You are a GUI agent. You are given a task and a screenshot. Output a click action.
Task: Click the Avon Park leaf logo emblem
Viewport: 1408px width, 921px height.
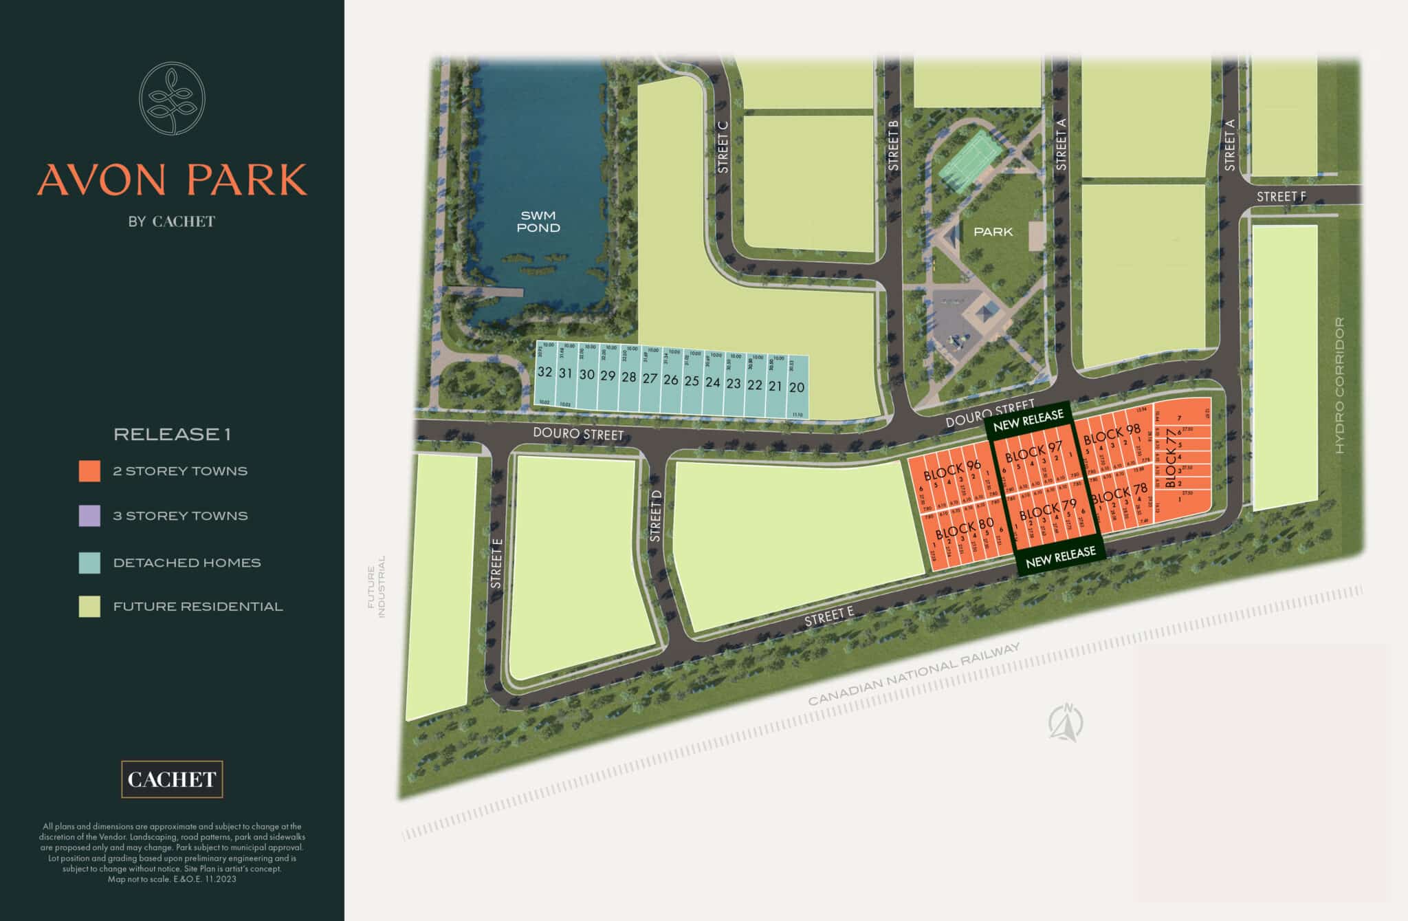point(172,98)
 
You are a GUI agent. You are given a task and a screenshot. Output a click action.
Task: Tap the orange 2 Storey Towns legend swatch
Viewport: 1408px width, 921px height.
point(89,471)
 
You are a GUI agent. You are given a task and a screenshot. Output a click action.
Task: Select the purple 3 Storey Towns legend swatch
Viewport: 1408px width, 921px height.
point(89,516)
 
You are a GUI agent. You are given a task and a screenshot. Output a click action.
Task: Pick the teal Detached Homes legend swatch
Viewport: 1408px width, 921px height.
point(89,563)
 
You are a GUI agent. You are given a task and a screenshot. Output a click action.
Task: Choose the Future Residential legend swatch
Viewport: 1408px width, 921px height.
point(89,607)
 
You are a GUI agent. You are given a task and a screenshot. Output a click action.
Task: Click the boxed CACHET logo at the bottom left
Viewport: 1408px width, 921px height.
point(172,779)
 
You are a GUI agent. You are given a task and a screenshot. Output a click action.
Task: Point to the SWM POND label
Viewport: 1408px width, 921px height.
point(538,221)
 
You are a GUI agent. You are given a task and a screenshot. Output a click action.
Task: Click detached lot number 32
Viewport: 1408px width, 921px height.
point(544,372)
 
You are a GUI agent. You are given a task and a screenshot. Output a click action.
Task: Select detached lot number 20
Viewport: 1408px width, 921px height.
point(796,387)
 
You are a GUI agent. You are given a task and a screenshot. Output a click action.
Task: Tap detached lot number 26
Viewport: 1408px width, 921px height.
point(670,380)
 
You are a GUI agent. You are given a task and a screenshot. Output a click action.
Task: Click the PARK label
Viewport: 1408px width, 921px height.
point(993,232)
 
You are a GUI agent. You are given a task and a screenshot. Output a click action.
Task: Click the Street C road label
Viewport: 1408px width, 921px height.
point(722,152)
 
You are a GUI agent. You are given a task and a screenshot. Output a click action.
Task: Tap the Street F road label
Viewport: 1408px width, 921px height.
point(1281,197)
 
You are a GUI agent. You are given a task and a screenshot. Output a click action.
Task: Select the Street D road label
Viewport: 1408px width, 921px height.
point(655,515)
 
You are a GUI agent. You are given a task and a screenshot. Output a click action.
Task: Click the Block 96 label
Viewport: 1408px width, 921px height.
point(951,470)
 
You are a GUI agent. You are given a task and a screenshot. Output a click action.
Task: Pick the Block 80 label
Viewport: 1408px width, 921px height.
point(964,528)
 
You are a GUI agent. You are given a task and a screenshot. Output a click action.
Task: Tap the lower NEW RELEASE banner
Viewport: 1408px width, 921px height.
point(1060,557)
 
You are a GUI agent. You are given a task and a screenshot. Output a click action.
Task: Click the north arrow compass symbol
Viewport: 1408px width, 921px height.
point(1066,723)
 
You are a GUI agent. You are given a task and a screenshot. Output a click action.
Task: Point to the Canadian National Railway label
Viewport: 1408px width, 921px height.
point(914,675)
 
